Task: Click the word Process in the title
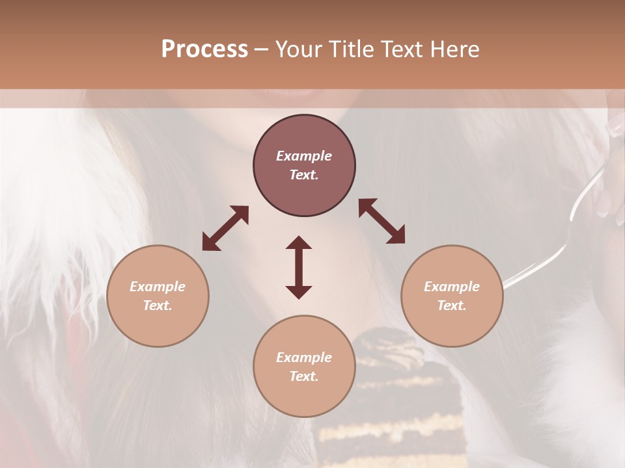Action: coord(204,49)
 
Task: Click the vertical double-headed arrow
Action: coord(299,267)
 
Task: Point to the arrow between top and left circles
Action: coord(225,228)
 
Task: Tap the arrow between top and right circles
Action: coord(382,221)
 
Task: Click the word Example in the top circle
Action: coord(304,156)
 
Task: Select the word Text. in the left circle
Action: coord(158,305)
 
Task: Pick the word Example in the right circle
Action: coord(452,287)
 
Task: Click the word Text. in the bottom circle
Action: coord(304,376)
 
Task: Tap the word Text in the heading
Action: coord(400,49)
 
